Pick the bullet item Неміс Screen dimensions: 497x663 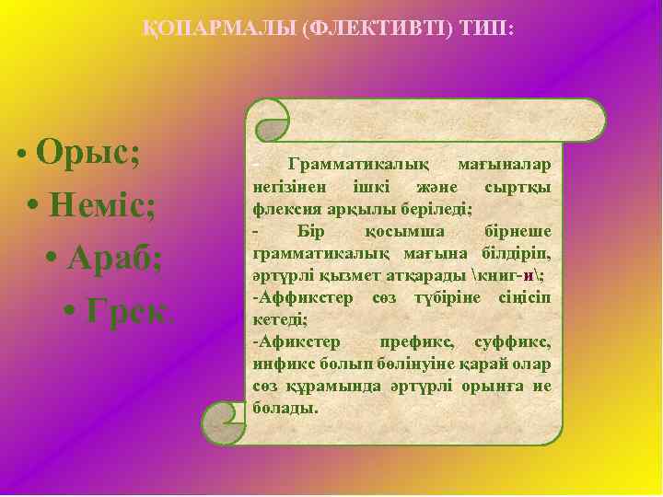tap(102, 205)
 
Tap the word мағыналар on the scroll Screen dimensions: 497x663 tap(505, 164)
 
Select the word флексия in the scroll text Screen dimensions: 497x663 tap(282, 206)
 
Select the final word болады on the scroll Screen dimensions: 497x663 tap(285, 406)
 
